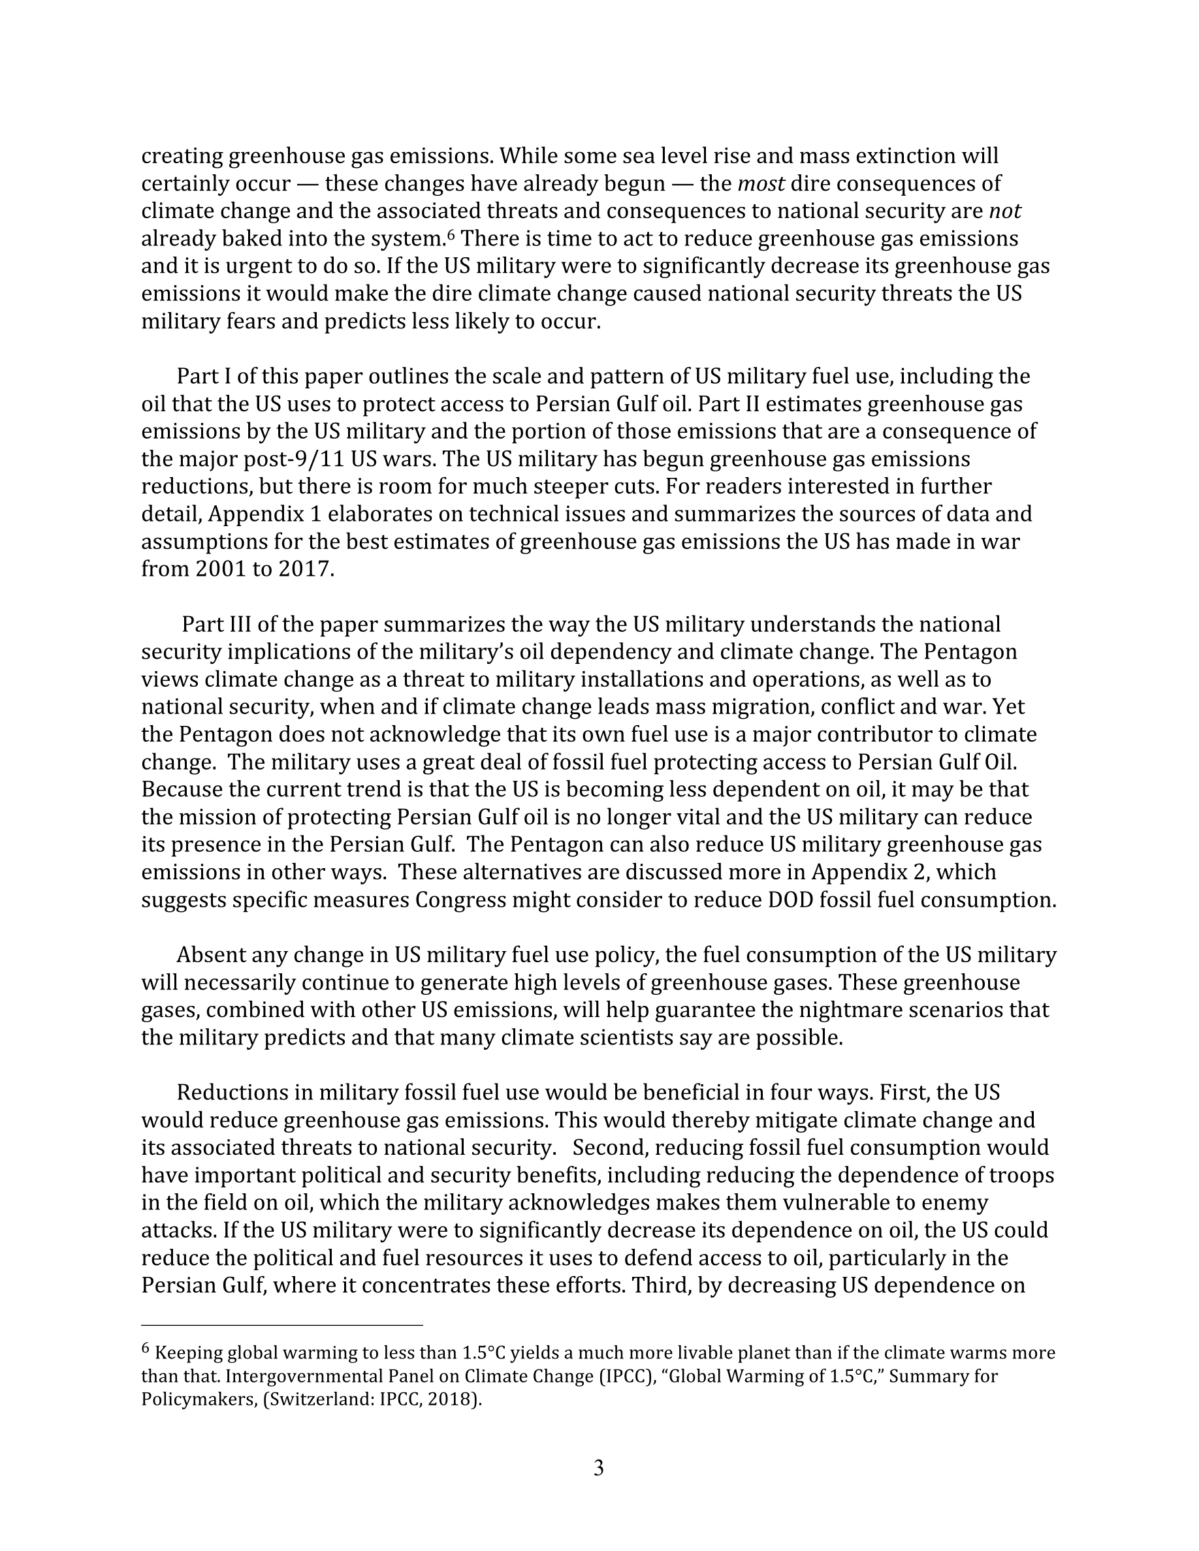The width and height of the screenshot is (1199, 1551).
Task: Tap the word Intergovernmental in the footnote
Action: [305, 1376]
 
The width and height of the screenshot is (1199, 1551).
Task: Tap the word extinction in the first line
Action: [897, 155]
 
